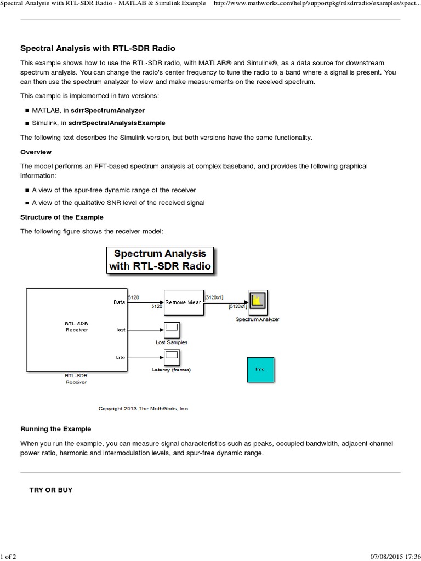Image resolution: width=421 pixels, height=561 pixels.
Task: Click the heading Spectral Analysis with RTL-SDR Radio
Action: tap(98, 48)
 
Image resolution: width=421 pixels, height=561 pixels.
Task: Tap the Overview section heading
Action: tap(36, 152)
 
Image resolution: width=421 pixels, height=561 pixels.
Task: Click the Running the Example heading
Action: tap(55, 428)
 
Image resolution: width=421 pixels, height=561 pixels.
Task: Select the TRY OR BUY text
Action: tap(50, 489)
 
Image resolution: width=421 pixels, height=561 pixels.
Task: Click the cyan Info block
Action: tap(260, 369)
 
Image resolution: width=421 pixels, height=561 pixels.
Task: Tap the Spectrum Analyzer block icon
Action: tap(257, 300)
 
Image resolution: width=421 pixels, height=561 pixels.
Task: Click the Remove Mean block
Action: tap(183, 302)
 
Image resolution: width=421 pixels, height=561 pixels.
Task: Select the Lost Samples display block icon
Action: tap(171, 330)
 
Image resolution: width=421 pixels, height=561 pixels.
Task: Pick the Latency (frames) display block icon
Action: tap(171, 358)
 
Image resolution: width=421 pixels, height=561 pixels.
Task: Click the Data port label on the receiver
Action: tap(120, 302)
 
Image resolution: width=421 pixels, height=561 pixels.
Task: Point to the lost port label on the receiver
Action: tap(121, 330)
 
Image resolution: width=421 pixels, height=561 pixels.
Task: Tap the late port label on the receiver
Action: tap(121, 358)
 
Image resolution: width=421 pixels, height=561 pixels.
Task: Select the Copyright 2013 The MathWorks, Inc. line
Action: tap(143, 408)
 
